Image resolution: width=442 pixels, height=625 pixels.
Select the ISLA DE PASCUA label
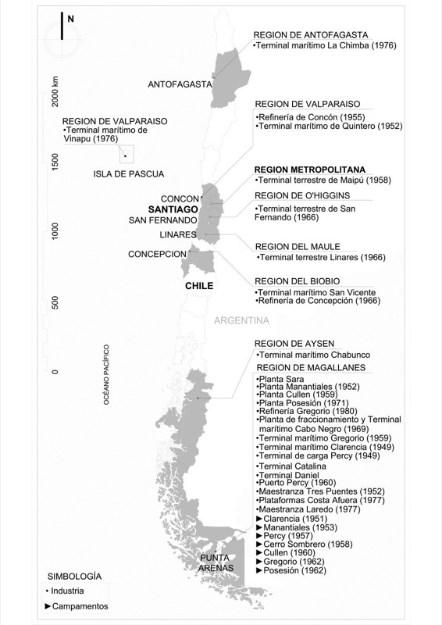pos(130,173)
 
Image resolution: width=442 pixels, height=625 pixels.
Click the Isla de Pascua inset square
pos(125,155)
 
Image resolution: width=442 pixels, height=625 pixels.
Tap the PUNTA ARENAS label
pos(215,562)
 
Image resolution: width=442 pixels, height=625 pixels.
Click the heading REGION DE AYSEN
pos(294,344)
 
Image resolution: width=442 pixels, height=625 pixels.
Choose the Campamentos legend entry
pos(77,606)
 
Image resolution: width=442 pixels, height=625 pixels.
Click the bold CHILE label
pos(198,286)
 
